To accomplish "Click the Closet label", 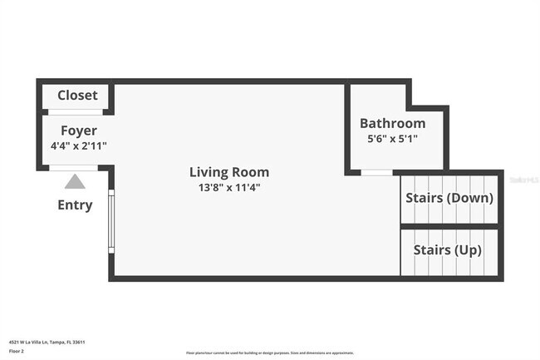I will [77, 96].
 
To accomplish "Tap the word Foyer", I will [79, 131].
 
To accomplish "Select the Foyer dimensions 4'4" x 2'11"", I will [79, 146].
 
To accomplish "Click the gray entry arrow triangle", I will [76, 181].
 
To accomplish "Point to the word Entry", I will [75, 205].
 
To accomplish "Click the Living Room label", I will [229, 172].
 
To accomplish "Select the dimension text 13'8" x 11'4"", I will [229, 188].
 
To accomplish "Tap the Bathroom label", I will [392, 123].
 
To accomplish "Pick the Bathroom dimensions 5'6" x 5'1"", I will [392, 139].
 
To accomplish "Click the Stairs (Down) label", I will [449, 198].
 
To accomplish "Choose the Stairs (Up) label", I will [444, 249].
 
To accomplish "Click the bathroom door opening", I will [377, 173].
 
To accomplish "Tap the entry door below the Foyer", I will [74, 168].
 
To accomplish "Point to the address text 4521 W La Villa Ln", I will [47, 342].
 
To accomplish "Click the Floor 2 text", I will [17, 352].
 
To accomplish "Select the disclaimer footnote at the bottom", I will [269, 353].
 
